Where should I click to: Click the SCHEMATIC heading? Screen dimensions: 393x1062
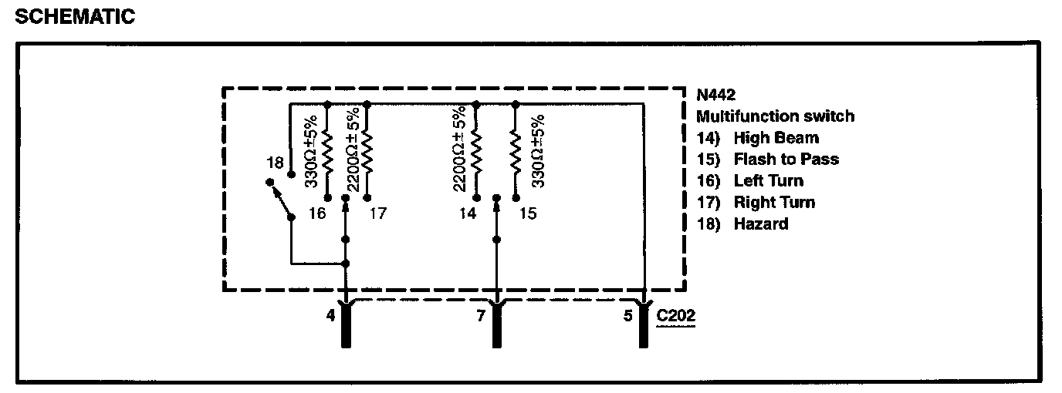74,17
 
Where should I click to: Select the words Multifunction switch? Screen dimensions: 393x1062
775,117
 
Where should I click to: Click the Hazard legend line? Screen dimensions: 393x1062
742,224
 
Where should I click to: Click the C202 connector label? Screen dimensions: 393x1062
675,316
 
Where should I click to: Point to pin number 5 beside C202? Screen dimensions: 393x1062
628,315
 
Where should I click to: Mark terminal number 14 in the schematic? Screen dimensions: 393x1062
467,213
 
